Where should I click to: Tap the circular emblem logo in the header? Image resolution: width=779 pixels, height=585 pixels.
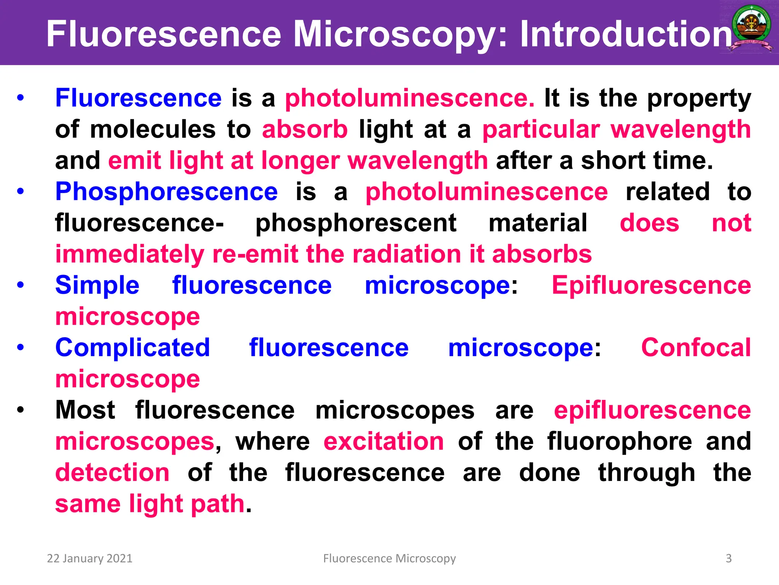pos(751,29)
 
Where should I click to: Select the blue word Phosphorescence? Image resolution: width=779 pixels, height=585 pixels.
pos(166,192)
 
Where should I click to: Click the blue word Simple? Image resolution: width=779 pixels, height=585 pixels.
pos(97,285)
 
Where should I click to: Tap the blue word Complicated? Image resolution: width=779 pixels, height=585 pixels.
pos(132,348)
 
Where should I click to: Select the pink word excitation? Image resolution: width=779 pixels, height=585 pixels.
pos(383,441)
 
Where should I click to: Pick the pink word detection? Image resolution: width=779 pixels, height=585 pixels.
pos(112,473)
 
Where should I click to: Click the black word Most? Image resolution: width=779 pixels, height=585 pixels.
pos(85,410)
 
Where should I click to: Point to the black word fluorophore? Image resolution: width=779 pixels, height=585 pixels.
pos(620,441)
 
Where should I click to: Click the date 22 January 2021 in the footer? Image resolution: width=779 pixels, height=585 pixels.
pos(89,558)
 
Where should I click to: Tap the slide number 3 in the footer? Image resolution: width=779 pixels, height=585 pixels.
pos(728,558)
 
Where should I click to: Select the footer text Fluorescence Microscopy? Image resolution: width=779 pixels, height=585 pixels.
pos(389,558)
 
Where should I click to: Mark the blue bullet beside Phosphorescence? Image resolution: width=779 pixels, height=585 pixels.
pos(21,192)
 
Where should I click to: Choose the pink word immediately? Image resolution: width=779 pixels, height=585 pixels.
pos(130,254)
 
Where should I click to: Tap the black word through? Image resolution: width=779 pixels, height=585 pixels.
pos(647,473)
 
